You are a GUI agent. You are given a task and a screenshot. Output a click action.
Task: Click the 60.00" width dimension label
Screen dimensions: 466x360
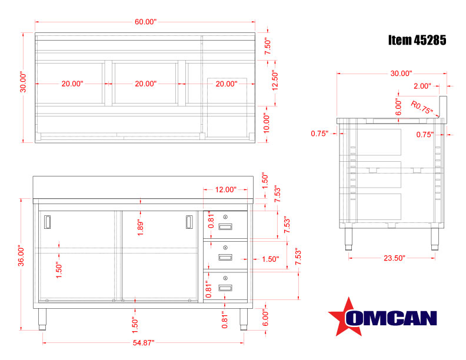(145, 22)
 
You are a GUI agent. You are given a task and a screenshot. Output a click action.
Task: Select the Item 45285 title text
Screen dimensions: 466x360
(417, 40)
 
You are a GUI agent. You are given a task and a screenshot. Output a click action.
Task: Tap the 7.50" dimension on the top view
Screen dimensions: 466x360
(268, 46)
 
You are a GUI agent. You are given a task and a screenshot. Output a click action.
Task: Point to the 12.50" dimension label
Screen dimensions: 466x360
(275, 80)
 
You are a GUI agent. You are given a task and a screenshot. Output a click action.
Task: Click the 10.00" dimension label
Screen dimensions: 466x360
(267, 124)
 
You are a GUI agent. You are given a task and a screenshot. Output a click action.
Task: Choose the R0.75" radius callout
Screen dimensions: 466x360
(422, 107)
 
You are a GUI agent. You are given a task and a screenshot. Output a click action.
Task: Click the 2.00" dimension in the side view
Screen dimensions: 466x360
(422, 86)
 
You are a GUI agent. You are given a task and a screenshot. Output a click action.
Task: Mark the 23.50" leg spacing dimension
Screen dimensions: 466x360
(394, 258)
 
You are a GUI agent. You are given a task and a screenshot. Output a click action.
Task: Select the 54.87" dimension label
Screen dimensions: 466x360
(143, 343)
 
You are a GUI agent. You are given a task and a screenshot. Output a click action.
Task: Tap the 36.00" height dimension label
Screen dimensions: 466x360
(21, 255)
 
